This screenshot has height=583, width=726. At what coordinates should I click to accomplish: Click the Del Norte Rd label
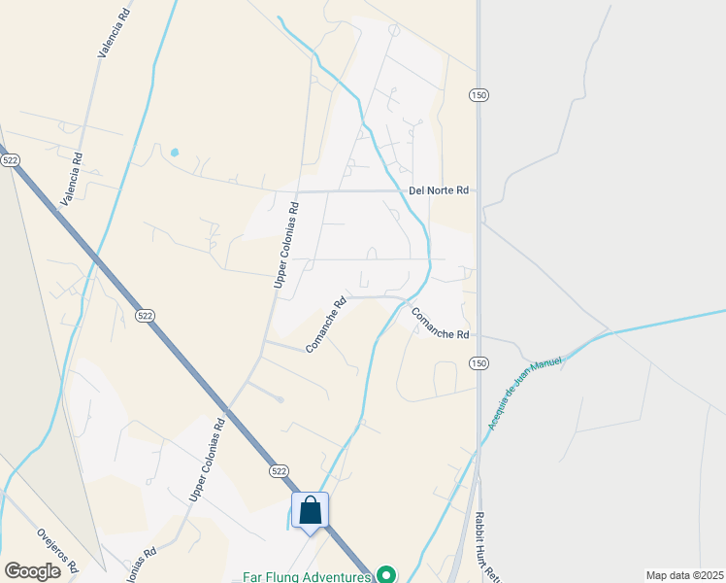[x=438, y=190]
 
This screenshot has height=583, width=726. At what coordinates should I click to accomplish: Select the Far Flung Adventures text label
[x=307, y=576]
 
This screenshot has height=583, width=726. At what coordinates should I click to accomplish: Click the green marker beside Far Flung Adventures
[x=386, y=575]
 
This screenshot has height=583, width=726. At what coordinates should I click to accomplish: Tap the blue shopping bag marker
[x=311, y=510]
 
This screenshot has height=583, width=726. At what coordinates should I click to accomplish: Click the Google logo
[x=32, y=570]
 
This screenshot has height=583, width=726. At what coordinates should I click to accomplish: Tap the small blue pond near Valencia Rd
[x=175, y=153]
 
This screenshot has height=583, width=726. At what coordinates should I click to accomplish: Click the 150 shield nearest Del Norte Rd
[x=478, y=94]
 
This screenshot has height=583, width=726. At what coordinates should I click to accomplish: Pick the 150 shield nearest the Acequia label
[x=478, y=362]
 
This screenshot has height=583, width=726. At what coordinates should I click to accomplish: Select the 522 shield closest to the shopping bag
[x=280, y=470]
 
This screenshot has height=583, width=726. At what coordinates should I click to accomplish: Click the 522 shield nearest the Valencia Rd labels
[x=11, y=159]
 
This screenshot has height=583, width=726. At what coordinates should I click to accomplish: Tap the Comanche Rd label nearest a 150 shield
[x=440, y=324]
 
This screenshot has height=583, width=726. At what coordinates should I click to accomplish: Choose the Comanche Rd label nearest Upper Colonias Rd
[x=325, y=326]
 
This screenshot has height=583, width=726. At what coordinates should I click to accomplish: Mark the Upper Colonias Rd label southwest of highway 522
[x=207, y=460]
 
